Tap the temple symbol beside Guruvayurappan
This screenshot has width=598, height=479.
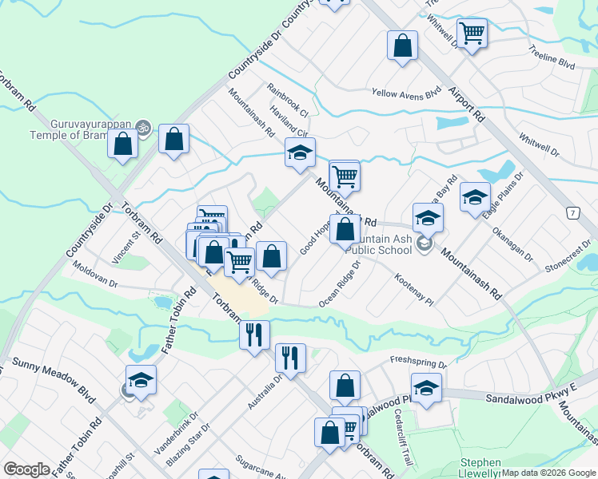pyautogui.click(x=143, y=125)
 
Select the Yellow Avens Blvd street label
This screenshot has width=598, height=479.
pyautogui.click(x=406, y=93)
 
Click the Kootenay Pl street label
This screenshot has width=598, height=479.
pyautogui.click(x=413, y=291)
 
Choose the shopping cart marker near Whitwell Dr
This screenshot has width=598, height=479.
pyautogui.click(x=472, y=33)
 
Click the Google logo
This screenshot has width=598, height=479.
pyautogui.click(x=26, y=470)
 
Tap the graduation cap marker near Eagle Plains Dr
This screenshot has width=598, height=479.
pyautogui.click(x=475, y=196)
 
